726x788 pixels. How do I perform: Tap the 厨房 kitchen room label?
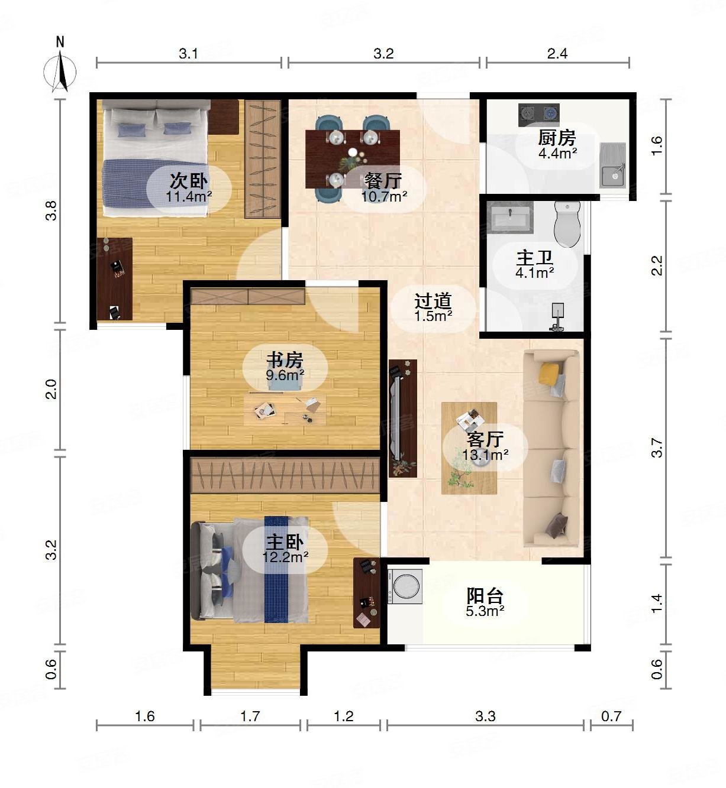[x=557, y=138]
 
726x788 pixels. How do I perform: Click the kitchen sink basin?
[x=613, y=173]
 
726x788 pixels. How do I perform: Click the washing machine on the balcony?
[x=405, y=586]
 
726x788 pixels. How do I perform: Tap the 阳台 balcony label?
[x=485, y=595]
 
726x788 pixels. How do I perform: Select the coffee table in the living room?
[x=469, y=448]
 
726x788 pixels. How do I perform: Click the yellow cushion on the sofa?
[x=549, y=372]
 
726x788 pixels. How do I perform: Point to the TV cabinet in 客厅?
[x=402, y=418]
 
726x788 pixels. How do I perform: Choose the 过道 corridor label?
[x=433, y=301]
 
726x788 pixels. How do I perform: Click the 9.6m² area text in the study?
[x=285, y=375]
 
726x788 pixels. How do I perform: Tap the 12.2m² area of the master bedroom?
[x=286, y=556]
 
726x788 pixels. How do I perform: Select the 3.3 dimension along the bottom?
[x=485, y=716]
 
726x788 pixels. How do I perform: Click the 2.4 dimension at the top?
[x=557, y=54]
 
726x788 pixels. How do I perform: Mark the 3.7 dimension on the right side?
[x=657, y=447]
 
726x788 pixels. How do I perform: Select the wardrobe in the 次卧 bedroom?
[x=263, y=159]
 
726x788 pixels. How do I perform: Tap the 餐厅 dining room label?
[x=383, y=180]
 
